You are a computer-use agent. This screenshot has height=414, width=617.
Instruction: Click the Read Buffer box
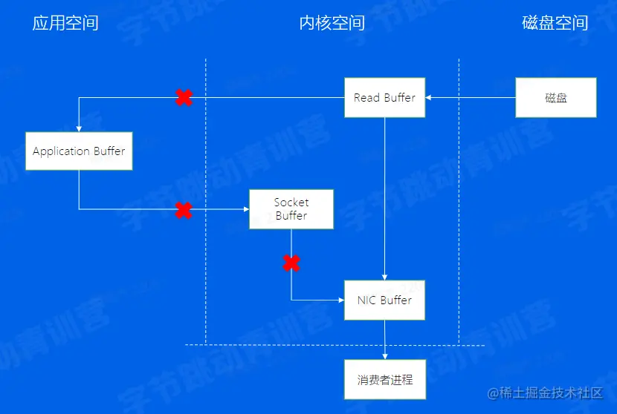tap(384, 97)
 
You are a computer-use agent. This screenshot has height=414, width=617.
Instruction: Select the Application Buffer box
tap(79, 151)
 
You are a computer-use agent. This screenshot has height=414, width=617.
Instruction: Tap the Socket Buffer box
tap(291, 208)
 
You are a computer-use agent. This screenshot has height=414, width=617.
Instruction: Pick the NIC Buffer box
tap(384, 300)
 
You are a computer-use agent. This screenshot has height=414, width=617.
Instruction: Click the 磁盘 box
tap(556, 97)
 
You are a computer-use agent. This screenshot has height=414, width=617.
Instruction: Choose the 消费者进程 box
tap(384, 380)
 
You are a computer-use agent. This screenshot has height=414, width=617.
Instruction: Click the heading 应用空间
tap(65, 23)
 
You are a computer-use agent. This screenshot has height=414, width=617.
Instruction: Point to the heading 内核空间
tap(332, 23)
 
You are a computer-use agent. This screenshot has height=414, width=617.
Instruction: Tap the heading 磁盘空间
tap(555, 23)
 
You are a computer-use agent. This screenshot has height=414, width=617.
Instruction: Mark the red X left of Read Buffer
tap(184, 97)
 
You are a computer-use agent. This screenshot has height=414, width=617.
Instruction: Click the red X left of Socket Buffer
tap(183, 210)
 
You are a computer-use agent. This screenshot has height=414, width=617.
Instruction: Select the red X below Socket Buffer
tap(291, 262)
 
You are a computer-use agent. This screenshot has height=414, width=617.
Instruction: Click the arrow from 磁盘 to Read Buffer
tap(471, 97)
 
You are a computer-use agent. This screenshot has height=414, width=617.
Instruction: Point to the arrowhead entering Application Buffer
tap(79, 128)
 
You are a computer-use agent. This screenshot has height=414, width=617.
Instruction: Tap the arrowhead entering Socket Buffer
tap(245, 209)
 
